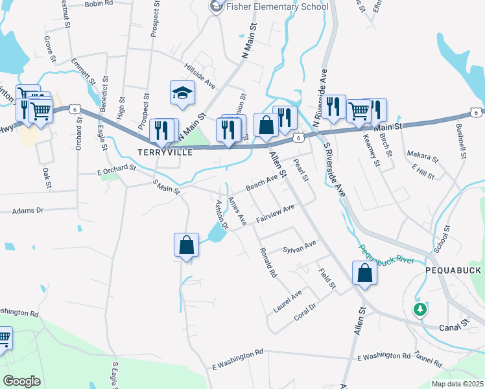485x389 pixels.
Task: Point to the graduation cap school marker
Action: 183,93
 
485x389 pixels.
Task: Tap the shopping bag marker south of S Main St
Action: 186,246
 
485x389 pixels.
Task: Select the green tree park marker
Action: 421,309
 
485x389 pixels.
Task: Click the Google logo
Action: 21,381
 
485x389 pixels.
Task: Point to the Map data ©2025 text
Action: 456,384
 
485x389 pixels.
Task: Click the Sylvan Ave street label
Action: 299,247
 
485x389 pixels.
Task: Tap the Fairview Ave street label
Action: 275,213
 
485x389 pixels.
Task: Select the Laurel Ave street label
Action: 287,301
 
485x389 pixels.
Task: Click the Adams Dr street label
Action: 27,211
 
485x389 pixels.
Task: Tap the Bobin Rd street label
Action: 99,4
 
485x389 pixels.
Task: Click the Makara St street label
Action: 422,156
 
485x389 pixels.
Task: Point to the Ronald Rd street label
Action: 268,263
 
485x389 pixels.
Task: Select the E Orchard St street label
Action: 116,169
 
